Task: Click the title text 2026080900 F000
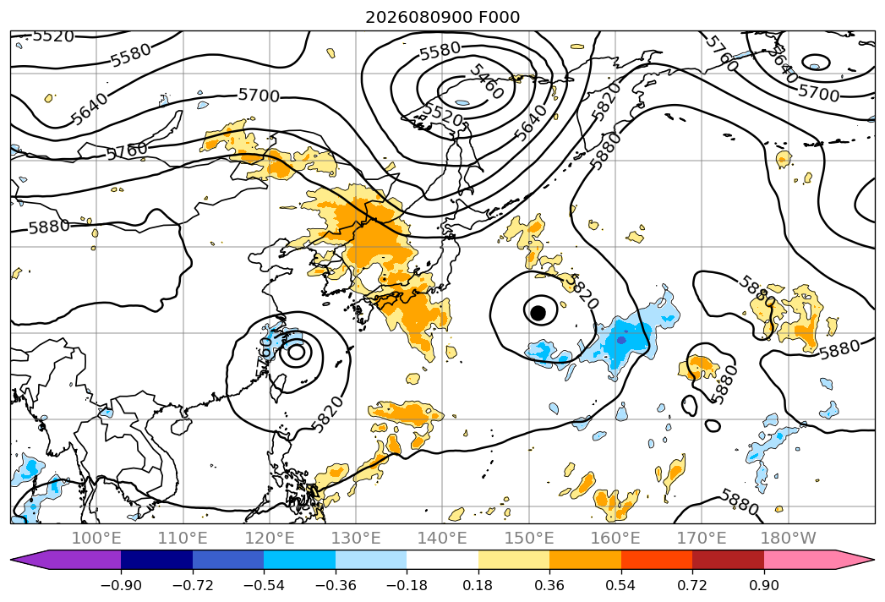[x=443, y=17]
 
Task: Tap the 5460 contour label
[x=486, y=81]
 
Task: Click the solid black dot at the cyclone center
[x=538, y=312]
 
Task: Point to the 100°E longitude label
[x=96, y=538]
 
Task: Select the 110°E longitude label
[x=183, y=538]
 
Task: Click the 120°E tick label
[x=270, y=538]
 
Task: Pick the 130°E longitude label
[x=356, y=538]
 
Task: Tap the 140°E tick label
[x=442, y=538]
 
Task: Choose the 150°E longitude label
[x=529, y=538]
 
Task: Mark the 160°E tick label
[x=615, y=538]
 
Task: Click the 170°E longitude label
[x=702, y=538]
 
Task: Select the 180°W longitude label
[x=788, y=538]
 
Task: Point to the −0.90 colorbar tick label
[x=121, y=585]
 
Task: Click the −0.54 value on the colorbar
[x=264, y=585]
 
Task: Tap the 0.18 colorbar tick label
[x=478, y=585]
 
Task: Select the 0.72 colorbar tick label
[x=692, y=585]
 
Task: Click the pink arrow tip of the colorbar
[x=874, y=560]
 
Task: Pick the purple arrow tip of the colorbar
[x=11, y=560]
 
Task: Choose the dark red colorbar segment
[x=728, y=560]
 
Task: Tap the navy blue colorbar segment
[x=156, y=560]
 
